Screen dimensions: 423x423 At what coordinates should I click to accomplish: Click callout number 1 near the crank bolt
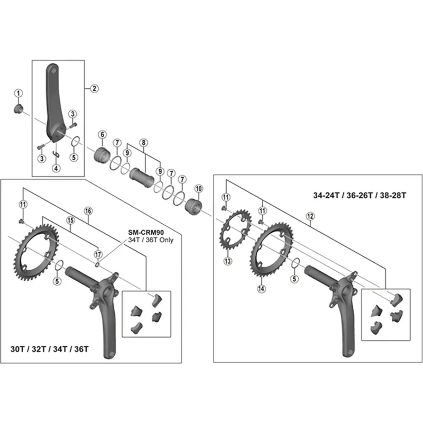click(x=19, y=94)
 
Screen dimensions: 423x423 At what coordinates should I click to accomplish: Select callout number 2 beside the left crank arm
click(x=95, y=88)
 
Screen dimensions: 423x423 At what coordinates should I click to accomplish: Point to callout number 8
click(x=143, y=142)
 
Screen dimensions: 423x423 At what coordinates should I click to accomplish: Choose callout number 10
click(x=199, y=189)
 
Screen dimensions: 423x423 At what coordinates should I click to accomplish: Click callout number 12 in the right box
click(x=310, y=216)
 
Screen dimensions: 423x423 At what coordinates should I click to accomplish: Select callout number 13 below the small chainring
click(x=228, y=261)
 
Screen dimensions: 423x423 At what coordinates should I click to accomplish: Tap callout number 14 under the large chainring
click(x=261, y=289)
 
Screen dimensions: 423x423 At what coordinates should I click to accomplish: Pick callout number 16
click(x=88, y=211)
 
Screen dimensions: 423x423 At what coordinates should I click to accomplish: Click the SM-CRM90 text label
click(x=146, y=232)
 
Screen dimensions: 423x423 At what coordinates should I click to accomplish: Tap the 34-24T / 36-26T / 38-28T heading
click(x=359, y=195)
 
